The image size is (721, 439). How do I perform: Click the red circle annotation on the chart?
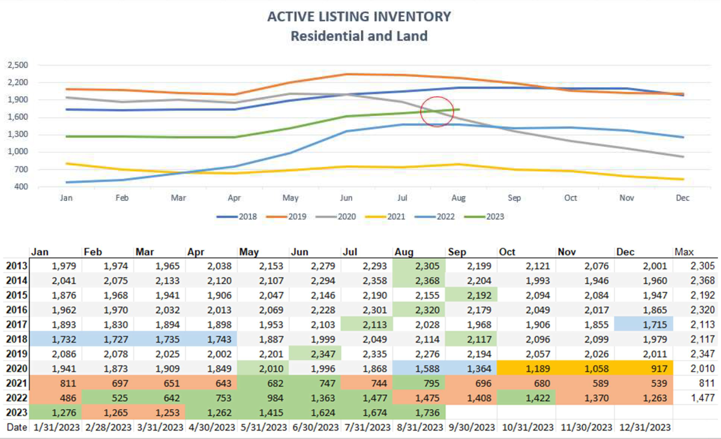tap(437, 112)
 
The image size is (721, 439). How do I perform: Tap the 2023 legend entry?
tap(495, 217)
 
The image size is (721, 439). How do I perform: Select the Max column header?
tap(684, 252)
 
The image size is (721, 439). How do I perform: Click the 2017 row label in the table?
tap(16, 324)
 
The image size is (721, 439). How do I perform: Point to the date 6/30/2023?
tap(315, 427)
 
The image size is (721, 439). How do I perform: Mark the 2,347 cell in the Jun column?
tap(323, 354)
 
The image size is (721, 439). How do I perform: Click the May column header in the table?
tap(249, 252)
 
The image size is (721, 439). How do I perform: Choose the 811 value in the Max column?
tap(706, 383)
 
